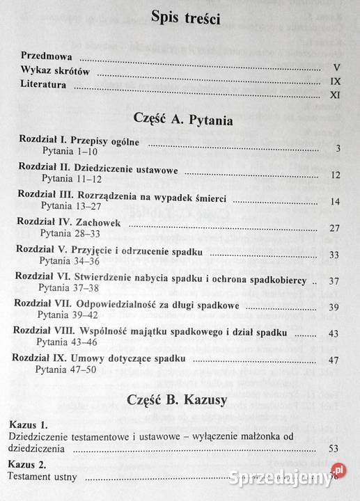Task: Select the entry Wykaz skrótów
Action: tap(58, 72)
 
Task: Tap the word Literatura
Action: tap(44, 86)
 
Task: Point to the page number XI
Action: tap(333, 95)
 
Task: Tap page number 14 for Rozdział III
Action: tap(334, 202)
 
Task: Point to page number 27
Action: tap(334, 228)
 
